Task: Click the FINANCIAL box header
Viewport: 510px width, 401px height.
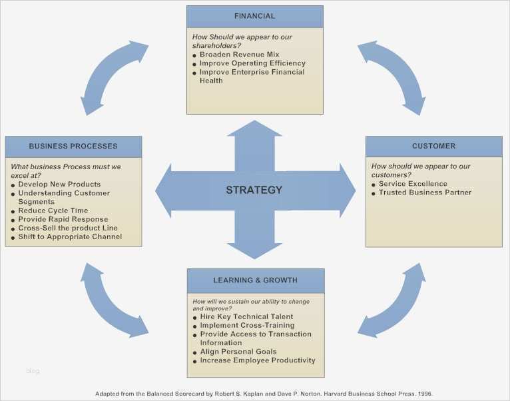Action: pos(254,16)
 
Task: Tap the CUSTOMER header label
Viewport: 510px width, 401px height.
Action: pos(433,146)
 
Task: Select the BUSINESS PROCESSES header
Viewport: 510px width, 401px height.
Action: pos(73,146)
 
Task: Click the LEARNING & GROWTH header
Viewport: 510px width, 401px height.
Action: pos(255,280)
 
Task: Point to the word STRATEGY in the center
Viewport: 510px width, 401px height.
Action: pos(254,190)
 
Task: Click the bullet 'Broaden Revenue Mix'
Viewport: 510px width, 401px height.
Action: pos(239,55)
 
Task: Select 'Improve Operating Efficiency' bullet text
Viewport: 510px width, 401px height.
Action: pos(252,63)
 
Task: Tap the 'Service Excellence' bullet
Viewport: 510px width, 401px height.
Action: pos(413,184)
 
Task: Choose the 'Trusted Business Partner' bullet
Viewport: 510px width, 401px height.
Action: pos(425,193)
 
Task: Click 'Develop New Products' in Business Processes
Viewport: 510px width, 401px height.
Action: pos(59,184)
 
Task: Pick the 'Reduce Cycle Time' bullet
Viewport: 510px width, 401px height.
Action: pos(53,210)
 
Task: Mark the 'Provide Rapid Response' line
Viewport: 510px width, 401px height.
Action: pos(63,219)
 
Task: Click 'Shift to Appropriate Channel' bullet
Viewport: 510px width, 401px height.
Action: pos(70,236)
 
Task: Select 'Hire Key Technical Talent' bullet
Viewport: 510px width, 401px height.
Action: pos(246,316)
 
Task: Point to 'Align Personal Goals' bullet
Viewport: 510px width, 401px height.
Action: pos(238,352)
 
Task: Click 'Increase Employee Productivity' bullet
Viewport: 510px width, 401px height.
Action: pos(258,360)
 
